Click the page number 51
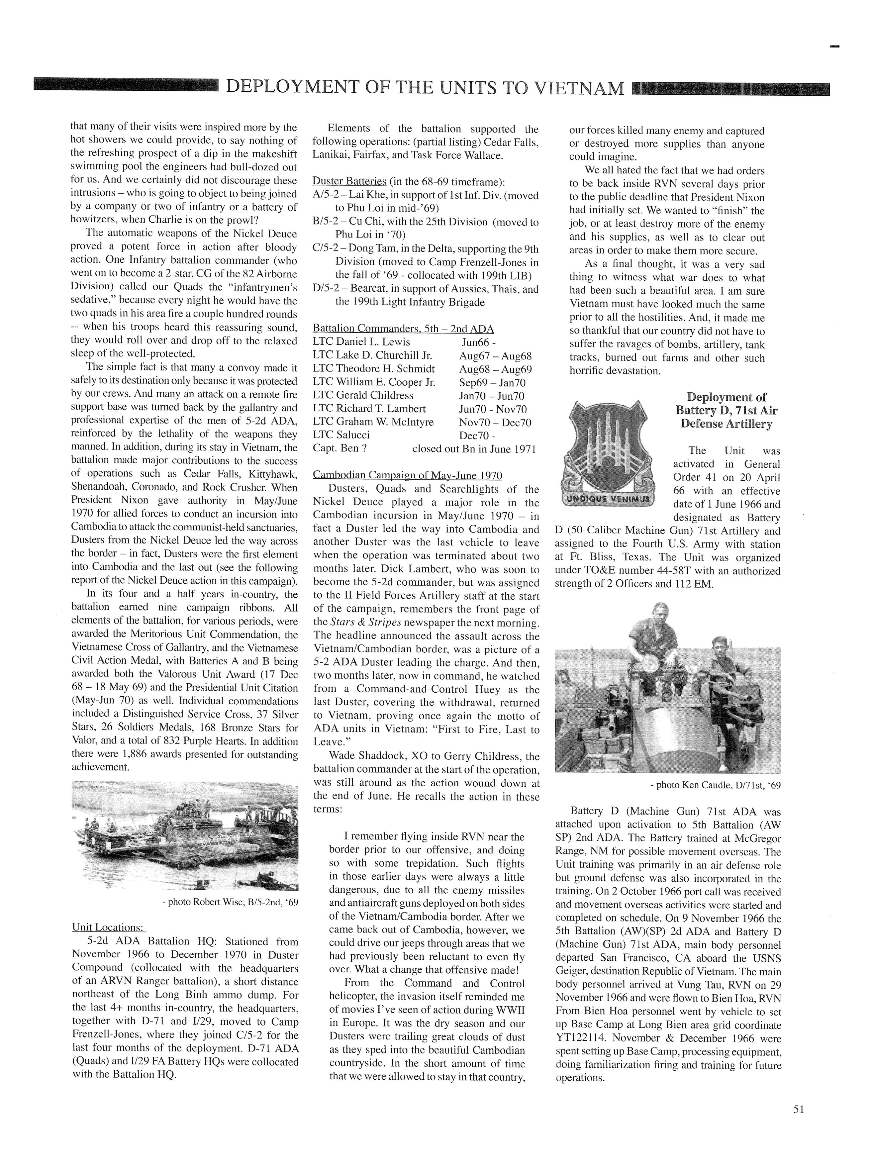coord(798,1109)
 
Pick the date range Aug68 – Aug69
coord(495,369)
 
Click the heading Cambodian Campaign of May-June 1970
coord(408,475)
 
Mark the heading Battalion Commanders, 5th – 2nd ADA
coord(403,329)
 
